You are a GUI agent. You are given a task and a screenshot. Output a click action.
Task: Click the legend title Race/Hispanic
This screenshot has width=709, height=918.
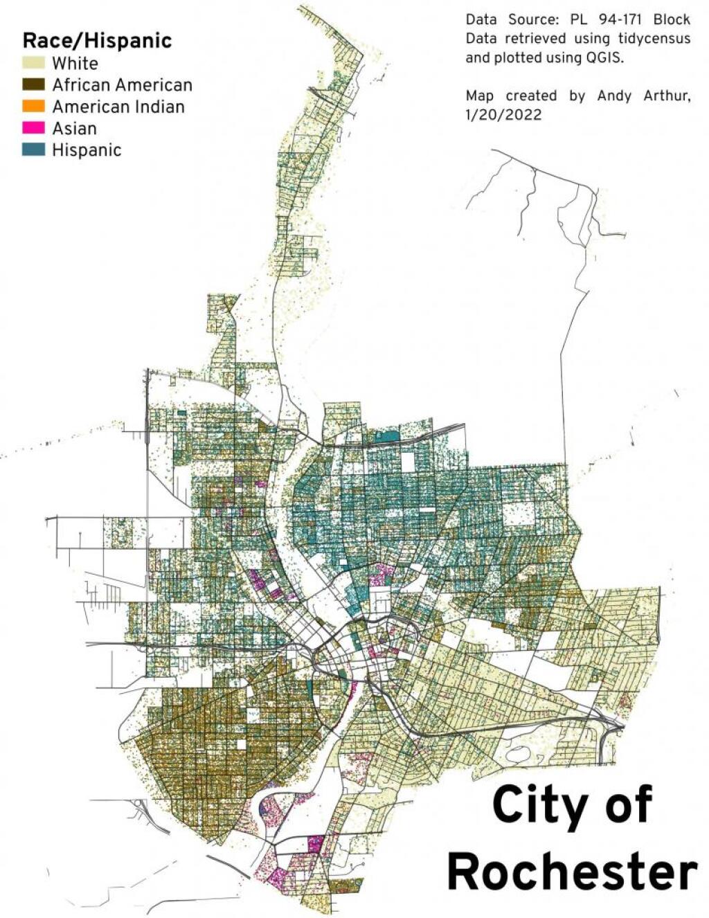coord(97,40)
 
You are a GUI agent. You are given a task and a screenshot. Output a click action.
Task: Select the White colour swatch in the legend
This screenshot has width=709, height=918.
coord(33,63)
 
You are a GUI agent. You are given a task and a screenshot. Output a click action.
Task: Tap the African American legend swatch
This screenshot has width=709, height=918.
coord(33,84)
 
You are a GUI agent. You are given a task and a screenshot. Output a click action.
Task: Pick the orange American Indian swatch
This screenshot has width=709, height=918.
coord(33,107)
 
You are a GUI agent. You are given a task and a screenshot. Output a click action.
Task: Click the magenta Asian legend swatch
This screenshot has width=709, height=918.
coord(33,128)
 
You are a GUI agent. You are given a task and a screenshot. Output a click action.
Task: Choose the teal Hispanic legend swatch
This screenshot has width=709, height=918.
coord(33,150)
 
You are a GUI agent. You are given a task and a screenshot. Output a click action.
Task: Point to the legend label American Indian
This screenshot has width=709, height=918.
coord(118,107)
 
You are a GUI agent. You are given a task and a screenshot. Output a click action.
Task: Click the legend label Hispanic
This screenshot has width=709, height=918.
coord(87,150)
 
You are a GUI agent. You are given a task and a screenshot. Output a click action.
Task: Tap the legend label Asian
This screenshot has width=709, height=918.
coord(74,128)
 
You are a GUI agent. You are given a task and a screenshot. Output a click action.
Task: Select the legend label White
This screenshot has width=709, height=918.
coord(75,63)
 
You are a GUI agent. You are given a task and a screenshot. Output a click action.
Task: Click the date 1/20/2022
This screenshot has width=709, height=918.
coord(503,114)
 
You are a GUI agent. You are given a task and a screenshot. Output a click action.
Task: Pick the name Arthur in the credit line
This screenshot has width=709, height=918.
coord(667,96)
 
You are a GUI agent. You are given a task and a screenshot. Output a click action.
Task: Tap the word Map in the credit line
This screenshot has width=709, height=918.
coord(480,96)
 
